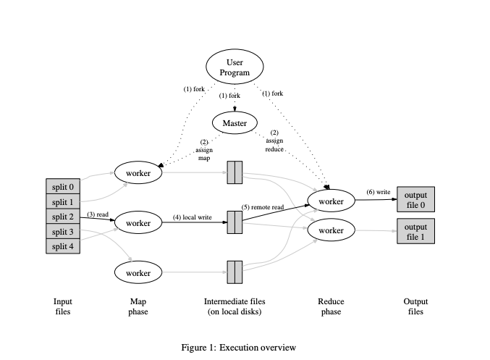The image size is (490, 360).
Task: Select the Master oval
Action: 235,123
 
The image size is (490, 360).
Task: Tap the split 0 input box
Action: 62,187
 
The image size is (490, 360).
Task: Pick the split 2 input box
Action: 62,217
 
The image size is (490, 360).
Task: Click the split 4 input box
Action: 62,246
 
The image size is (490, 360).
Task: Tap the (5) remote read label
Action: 263,207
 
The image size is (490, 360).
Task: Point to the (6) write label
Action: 378,192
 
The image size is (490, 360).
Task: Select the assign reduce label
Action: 274,141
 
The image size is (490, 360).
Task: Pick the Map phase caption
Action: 138,306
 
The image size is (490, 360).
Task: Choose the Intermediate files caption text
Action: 234,306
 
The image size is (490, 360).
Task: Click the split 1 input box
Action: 62,202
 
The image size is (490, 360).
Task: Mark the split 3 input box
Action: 62,232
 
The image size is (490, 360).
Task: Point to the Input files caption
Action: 63,306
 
